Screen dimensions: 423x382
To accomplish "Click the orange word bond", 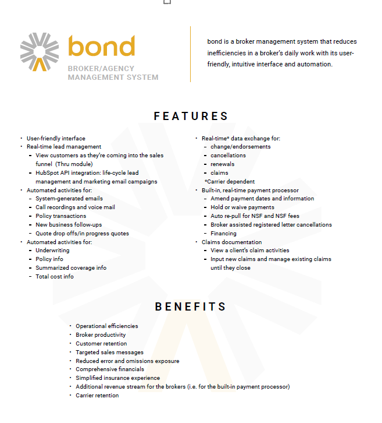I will point(101,47).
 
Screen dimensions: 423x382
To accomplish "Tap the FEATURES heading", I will point(191,116).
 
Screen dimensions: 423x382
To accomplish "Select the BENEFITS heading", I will point(191,306).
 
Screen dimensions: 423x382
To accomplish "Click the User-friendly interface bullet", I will point(56,139).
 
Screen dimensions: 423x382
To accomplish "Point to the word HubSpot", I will point(48,173).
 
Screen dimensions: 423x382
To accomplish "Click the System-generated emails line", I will point(69,199).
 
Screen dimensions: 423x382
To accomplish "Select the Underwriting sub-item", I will point(52,251).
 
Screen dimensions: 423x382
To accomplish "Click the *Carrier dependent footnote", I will point(229,182).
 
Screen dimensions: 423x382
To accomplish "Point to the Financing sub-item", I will point(224,233).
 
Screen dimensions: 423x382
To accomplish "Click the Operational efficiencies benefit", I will point(106,326).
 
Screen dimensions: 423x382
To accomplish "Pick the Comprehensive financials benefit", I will point(110,369).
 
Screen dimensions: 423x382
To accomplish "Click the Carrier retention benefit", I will point(97,396).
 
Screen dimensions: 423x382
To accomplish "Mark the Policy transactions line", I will point(60,216).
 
